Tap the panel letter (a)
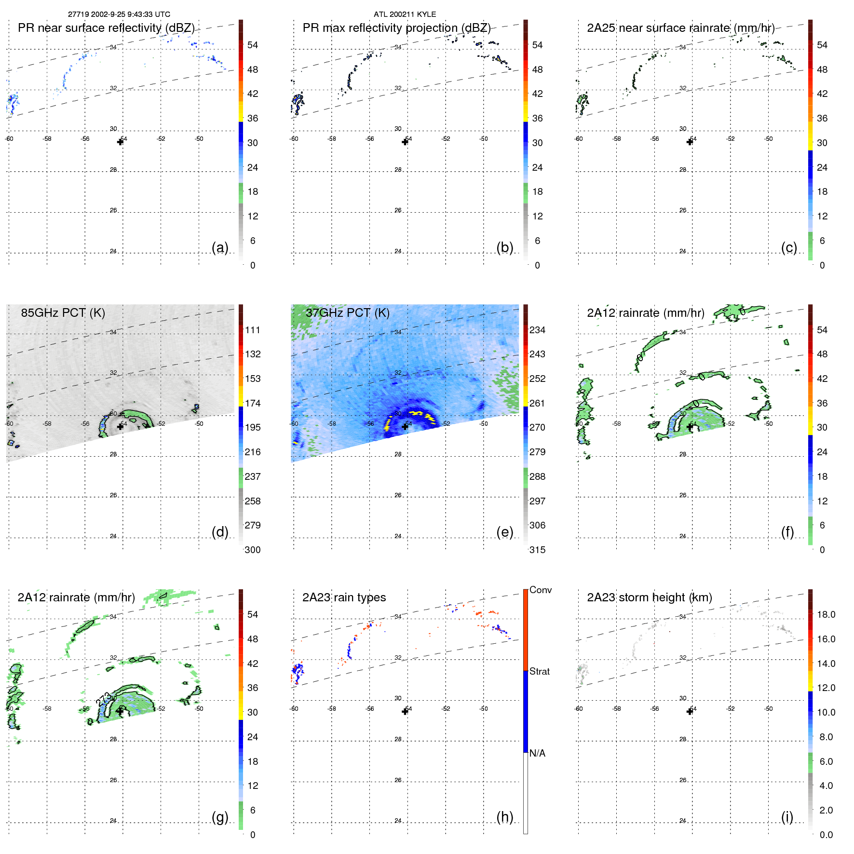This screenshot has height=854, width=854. click(x=220, y=247)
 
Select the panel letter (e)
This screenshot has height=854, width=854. click(x=504, y=532)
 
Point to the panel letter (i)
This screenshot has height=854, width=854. click(x=787, y=817)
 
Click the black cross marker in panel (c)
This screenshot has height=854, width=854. click(x=690, y=142)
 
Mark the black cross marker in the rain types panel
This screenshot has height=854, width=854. click(x=405, y=711)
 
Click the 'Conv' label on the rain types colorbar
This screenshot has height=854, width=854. click(x=541, y=590)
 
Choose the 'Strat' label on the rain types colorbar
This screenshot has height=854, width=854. click(x=540, y=671)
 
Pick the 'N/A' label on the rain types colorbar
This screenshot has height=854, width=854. click(x=537, y=753)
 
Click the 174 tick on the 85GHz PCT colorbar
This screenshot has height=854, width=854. click(x=253, y=403)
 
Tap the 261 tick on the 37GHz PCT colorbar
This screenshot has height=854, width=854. click(x=537, y=403)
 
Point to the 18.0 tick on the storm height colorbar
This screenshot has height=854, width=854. click(x=826, y=614)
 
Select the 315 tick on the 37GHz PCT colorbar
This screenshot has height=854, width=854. click(x=537, y=550)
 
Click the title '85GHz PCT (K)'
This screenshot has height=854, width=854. click(x=63, y=312)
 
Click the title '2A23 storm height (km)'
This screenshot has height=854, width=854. click(x=650, y=597)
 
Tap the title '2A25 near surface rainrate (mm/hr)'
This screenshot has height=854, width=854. click(x=680, y=28)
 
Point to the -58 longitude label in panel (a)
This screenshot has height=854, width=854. click(x=47, y=139)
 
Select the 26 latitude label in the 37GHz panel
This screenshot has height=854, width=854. click(x=398, y=495)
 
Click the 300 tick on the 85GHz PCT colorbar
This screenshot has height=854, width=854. click(x=253, y=550)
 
